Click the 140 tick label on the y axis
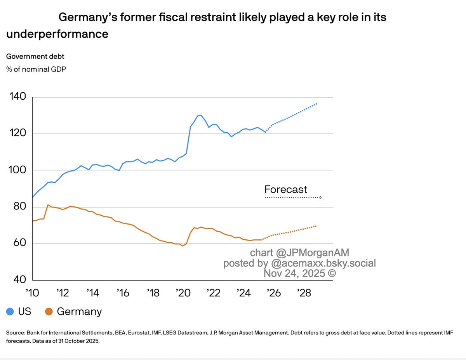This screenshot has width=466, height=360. click(16, 97)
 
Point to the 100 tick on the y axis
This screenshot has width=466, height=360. click(16, 170)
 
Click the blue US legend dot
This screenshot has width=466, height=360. click(11, 312)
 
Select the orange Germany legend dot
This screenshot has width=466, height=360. click(49, 312)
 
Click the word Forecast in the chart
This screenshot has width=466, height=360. click(285, 189)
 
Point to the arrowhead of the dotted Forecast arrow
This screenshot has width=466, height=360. click(320, 197)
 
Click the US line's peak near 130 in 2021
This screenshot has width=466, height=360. click(200, 115)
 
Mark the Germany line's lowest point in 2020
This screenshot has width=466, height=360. click(183, 246)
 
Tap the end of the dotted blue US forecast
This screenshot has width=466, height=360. click(317, 104)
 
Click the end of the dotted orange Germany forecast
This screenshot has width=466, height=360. click(316, 226)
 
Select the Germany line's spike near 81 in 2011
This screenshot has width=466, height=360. click(47, 205)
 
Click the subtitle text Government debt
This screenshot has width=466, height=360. click(35, 56)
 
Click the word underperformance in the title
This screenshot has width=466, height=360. click(57, 34)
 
